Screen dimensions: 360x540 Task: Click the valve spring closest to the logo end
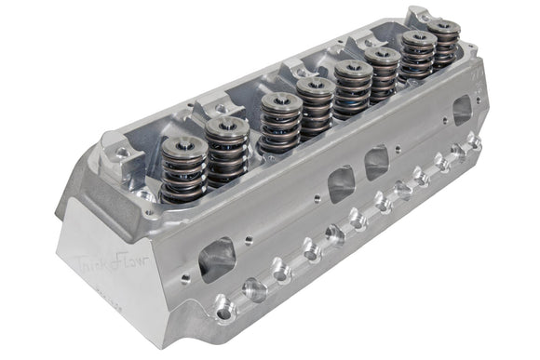(x=183, y=172)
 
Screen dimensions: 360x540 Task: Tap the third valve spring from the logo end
(x=281, y=127)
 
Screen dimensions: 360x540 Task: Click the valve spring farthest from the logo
(x=445, y=47)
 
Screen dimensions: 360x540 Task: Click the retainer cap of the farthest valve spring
(x=446, y=27)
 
